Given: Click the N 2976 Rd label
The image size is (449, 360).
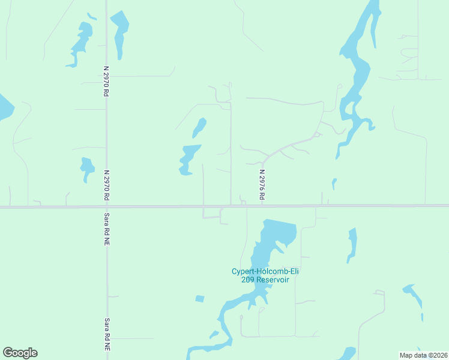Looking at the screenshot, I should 262,184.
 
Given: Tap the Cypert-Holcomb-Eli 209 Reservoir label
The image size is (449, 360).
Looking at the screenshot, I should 265,275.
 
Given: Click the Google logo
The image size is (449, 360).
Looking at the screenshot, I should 20,353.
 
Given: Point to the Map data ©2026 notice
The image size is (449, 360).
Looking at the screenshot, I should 424,355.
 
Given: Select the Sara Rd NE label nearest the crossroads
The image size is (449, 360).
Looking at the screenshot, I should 107,229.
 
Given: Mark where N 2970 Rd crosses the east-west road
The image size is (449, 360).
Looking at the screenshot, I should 106,206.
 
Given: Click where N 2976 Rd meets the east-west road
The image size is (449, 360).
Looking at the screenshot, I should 262,206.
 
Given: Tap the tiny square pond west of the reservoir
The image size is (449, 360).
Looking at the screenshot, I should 200,299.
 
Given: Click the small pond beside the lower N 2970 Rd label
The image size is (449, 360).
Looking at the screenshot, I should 87,167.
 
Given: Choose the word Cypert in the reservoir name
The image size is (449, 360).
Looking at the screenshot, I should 244,271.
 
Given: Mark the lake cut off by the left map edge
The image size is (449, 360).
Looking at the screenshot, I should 4,107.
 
